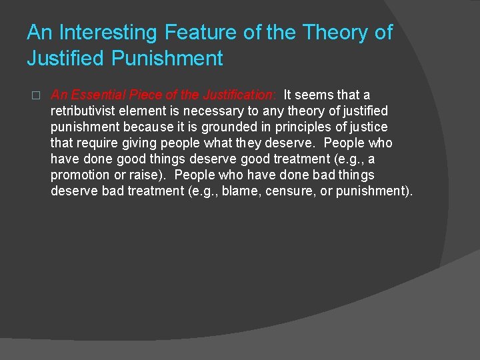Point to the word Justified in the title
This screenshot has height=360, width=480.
click(x=65, y=59)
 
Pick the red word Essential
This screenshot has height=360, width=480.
click(x=96, y=95)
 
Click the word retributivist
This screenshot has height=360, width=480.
click(x=87, y=111)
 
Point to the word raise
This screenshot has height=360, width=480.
click(x=143, y=175)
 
